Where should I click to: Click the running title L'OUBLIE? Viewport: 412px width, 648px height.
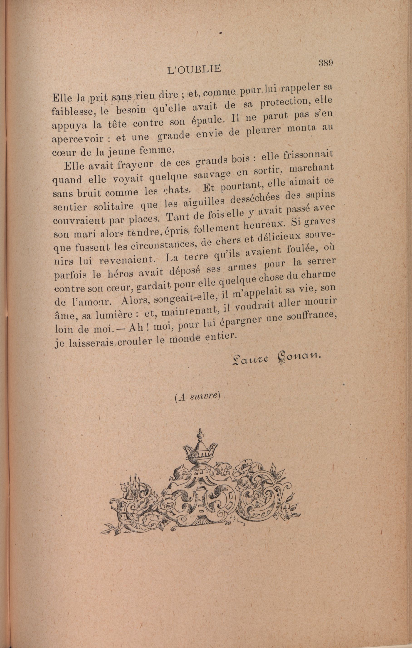pyautogui.click(x=194, y=70)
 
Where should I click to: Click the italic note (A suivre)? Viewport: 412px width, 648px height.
pyautogui.click(x=197, y=398)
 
